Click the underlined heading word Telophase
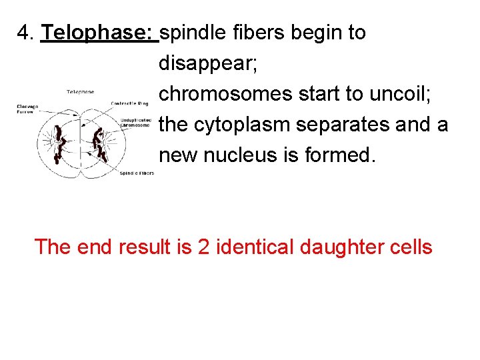coord(98,33)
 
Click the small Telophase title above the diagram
coord(80,91)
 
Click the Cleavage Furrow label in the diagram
coord(28,109)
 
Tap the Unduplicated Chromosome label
coord(135,123)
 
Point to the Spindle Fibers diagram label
coord(137,173)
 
